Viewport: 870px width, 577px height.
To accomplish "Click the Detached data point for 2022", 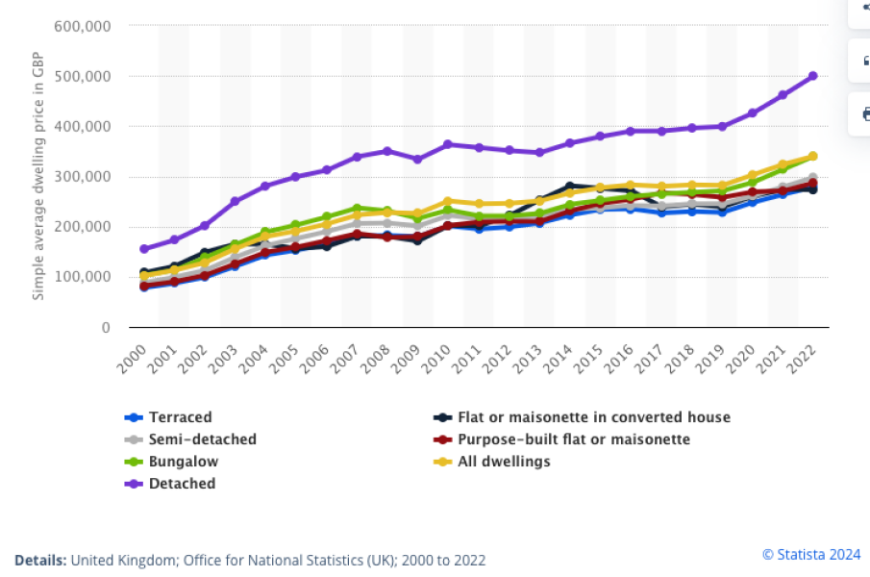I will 812,76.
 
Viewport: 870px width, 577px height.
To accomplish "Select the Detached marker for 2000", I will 144,249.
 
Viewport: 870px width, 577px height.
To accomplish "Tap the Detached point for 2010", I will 448,145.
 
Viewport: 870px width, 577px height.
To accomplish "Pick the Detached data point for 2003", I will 235,202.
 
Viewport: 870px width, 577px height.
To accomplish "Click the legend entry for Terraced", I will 180,417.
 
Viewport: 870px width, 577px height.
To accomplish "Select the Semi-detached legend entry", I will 202,439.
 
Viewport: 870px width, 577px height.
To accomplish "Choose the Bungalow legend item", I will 183,462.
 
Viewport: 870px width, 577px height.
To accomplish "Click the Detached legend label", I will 182,484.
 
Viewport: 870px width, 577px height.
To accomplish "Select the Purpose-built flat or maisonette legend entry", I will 575,439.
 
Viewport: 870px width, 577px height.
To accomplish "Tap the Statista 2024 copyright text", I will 811,554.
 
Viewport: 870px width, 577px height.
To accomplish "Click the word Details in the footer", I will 40,560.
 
